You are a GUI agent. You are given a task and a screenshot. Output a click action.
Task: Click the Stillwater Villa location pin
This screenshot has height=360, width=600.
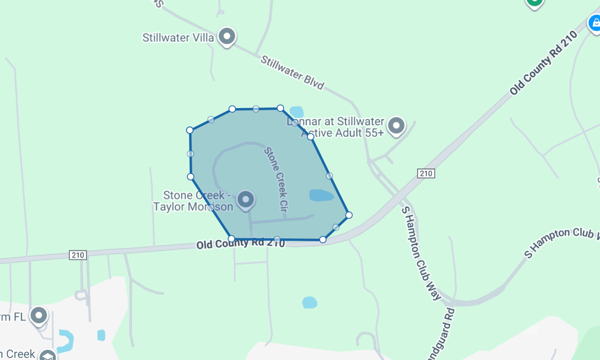click(x=227, y=36)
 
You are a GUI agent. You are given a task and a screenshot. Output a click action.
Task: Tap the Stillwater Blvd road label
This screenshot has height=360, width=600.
click(x=292, y=73)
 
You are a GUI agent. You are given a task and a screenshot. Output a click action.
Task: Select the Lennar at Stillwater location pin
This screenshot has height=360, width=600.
click(x=397, y=126)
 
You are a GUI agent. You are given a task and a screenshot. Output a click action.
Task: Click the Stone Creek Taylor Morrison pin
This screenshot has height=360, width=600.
click(x=246, y=200)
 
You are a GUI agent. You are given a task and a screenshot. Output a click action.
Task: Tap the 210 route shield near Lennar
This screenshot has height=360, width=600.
click(x=426, y=173)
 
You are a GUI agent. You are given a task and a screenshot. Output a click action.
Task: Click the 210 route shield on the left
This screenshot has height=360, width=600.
click(x=78, y=255)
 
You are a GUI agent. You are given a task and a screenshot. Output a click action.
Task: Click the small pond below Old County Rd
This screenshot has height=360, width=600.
click(x=309, y=302)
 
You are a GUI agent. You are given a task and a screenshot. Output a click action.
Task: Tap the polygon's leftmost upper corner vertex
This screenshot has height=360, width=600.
click(x=190, y=130)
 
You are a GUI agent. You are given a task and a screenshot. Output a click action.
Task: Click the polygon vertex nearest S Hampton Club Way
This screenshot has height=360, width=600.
click(x=349, y=215)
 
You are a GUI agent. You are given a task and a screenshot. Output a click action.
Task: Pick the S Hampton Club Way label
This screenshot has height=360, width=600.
click(x=421, y=253)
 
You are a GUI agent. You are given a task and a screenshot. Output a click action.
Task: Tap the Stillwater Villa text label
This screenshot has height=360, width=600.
click(x=178, y=37)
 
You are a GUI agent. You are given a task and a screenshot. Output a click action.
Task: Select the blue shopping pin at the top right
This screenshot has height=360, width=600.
click(x=594, y=22)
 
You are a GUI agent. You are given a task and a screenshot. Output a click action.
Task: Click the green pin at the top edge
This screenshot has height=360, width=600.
click(x=534, y=3)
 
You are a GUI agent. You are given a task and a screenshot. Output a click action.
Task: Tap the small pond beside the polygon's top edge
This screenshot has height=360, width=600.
click(x=296, y=112)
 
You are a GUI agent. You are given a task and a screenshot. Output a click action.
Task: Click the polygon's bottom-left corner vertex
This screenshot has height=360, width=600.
click(x=232, y=239)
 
